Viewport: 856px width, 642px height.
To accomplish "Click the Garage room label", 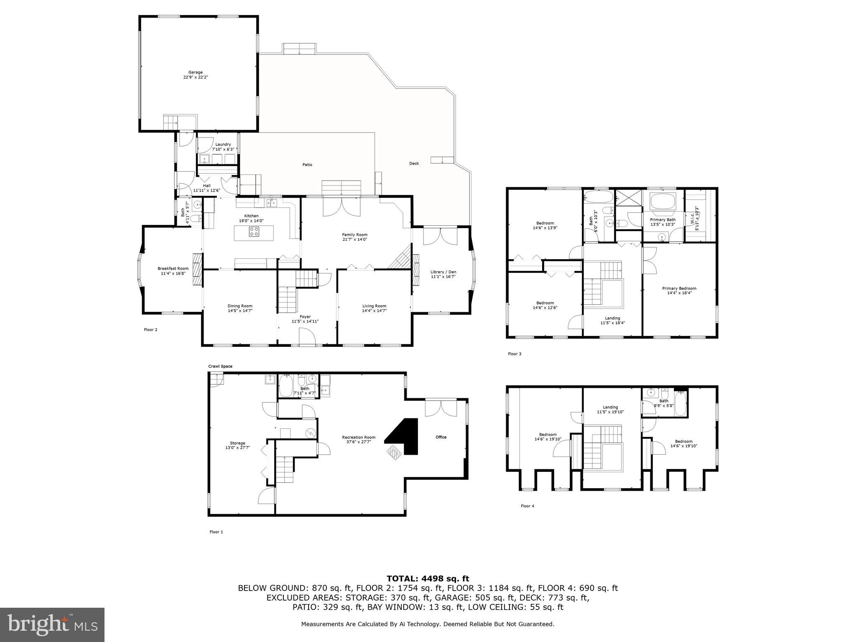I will (x=195, y=75).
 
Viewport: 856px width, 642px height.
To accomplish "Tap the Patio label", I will (x=307, y=165).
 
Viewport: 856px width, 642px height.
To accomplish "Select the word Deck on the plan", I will (x=414, y=163).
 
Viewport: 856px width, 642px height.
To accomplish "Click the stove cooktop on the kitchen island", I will (x=254, y=232).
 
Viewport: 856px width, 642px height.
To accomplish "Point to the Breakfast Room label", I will (x=173, y=271).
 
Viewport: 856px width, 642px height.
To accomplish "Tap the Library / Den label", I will (x=443, y=274).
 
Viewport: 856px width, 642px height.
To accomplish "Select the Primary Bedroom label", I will (x=679, y=290).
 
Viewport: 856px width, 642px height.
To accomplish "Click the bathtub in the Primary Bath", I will (x=663, y=202).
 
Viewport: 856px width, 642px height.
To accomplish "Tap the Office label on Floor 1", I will (x=441, y=437).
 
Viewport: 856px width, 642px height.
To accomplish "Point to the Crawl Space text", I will (x=220, y=367).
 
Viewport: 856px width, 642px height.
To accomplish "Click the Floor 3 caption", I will (x=515, y=354).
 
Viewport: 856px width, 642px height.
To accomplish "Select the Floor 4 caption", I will (x=527, y=506).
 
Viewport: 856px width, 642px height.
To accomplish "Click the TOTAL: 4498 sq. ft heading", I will (x=428, y=578).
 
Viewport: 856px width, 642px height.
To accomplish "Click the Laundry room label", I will (x=223, y=147).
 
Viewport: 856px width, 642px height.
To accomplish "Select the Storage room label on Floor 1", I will (x=237, y=445).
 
